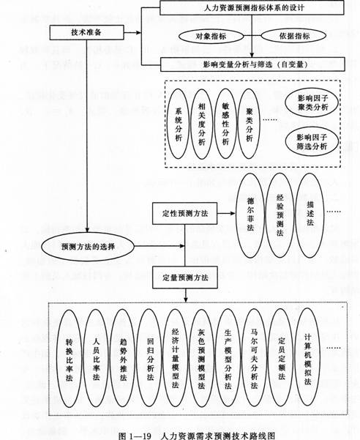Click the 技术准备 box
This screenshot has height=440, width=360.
point(86,32)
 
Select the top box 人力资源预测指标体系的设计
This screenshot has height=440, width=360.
point(252,7)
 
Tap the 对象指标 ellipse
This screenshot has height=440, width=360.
point(211,37)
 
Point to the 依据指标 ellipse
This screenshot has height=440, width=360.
point(293,36)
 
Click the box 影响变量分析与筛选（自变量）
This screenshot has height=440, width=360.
point(252,64)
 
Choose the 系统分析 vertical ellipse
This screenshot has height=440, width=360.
point(179,124)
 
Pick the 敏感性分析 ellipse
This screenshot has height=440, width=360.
point(225,124)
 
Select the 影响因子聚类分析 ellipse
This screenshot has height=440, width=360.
point(312,102)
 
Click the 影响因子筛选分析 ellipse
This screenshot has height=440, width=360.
point(312,142)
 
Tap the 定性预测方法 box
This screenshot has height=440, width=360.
point(185,213)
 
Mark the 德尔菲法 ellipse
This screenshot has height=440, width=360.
point(251,215)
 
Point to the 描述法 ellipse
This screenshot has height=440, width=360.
point(310,215)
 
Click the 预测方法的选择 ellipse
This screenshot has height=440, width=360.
point(88,247)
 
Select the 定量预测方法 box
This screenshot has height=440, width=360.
point(185,277)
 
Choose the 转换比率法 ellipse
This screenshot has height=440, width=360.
point(69,358)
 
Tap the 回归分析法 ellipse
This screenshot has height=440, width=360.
point(150,358)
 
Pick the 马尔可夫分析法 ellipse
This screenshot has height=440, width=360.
point(254,357)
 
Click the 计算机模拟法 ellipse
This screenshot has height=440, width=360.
point(308,357)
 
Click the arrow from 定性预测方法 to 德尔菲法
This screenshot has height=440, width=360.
point(226,213)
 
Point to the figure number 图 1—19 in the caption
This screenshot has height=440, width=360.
point(135,436)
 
